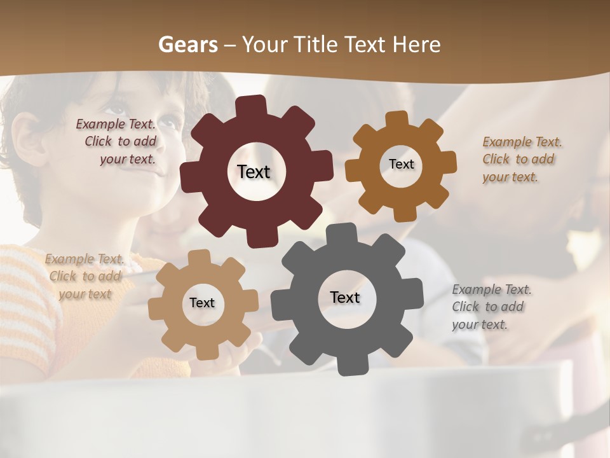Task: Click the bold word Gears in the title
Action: (x=187, y=45)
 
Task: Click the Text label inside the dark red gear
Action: (x=254, y=172)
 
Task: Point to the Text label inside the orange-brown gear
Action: (x=401, y=164)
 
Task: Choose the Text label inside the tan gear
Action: (x=202, y=303)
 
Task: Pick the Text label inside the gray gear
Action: (x=345, y=297)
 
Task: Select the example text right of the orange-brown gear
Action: (x=522, y=159)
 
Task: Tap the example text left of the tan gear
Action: (x=85, y=276)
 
